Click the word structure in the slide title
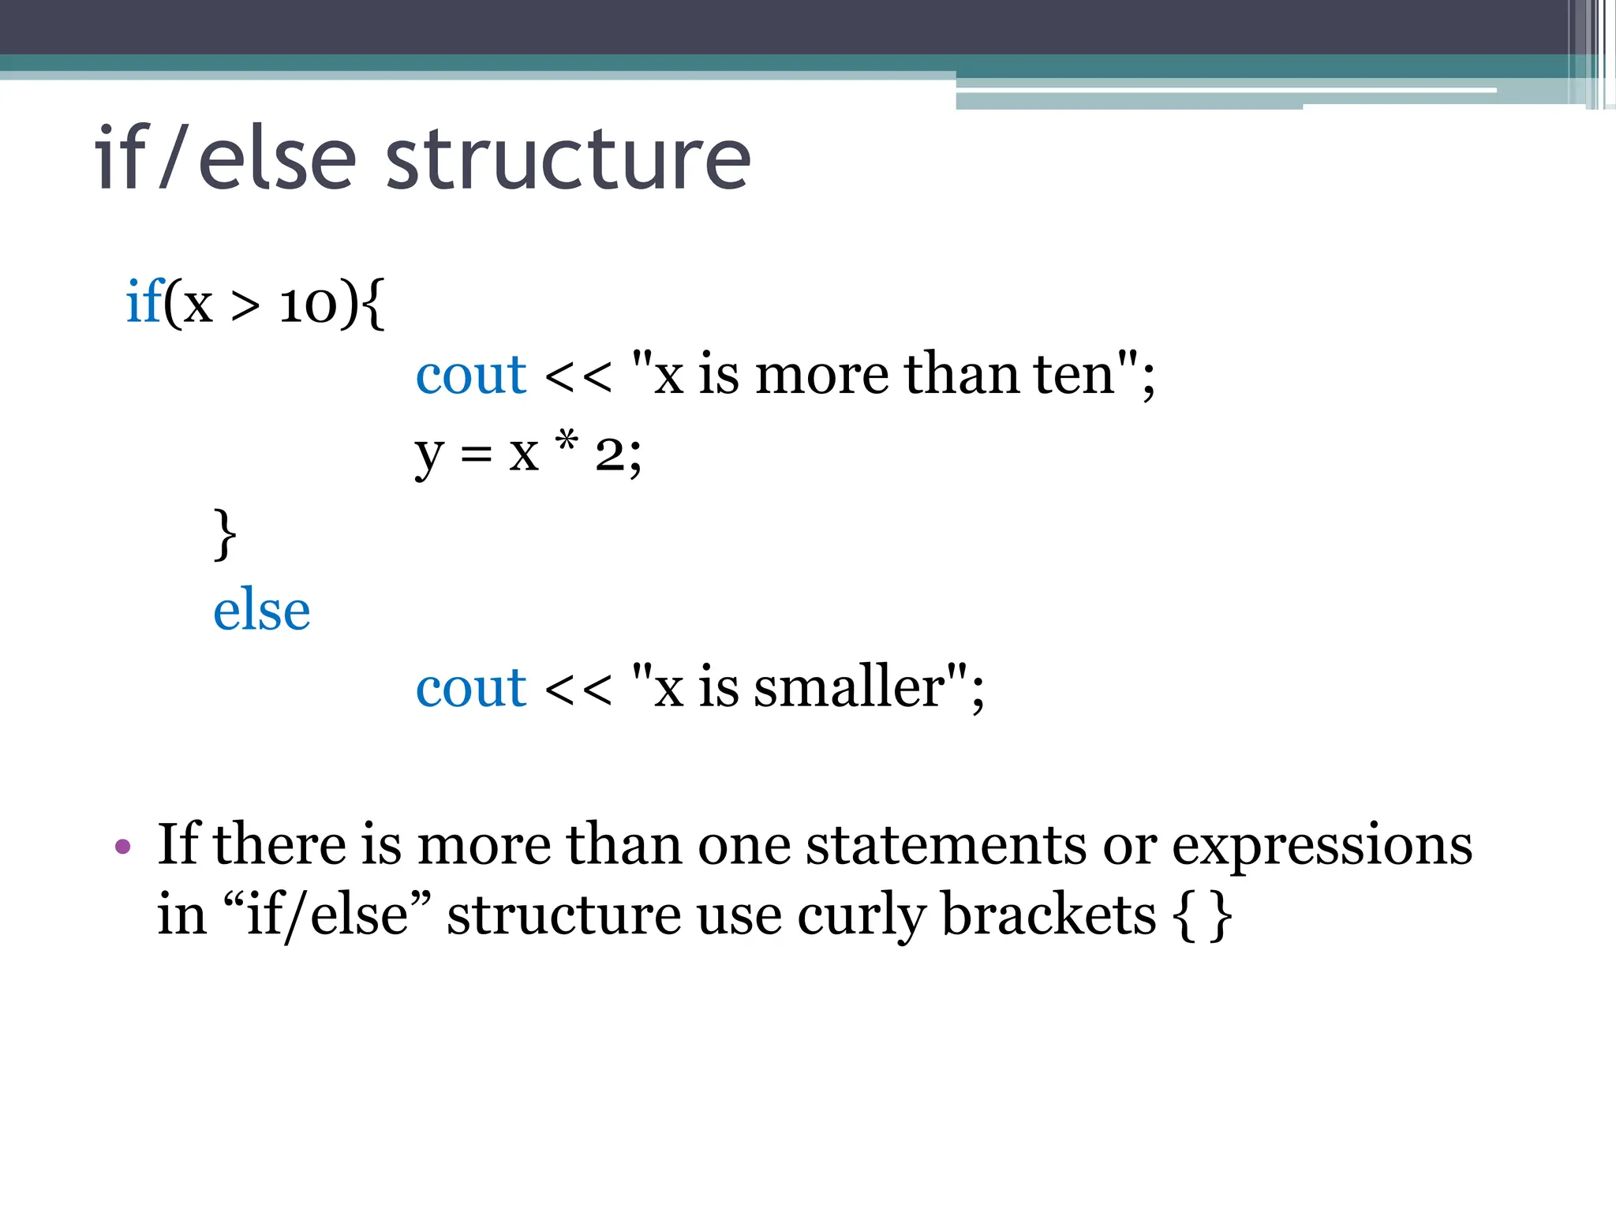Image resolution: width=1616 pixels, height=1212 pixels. coord(567,160)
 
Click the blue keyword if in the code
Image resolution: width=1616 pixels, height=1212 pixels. coord(144,302)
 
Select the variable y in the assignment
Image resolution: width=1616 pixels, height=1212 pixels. coord(429,455)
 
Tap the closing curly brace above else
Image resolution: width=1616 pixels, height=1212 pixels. coord(225,534)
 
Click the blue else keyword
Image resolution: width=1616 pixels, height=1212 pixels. coord(261,610)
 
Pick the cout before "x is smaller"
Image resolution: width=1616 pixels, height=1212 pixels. coord(470,687)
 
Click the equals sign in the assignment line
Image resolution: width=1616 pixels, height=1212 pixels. coord(477,455)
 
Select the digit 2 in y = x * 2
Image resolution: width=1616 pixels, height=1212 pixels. coord(609,455)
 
